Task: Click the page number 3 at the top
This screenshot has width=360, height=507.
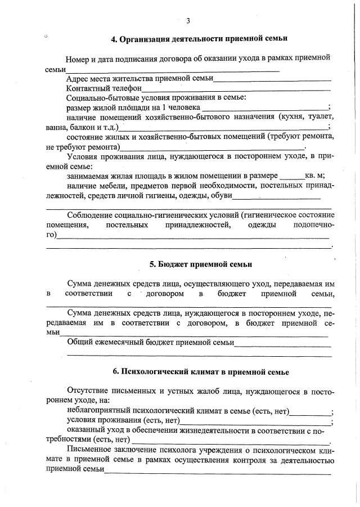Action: (188, 21)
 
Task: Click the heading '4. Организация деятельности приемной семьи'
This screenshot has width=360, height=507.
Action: (199, 39)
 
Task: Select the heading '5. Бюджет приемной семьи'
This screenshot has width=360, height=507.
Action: (200, 264)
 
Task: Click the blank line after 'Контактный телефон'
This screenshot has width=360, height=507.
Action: (236, 89)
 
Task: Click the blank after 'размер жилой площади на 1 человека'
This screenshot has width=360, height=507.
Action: (264, 108)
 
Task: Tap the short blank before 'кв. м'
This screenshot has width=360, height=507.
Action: (292, 176)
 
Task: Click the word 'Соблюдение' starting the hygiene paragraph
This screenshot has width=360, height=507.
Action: (89, 216)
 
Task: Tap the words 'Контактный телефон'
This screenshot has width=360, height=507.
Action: (103, 88)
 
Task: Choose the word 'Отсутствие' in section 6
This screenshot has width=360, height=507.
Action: (88, 391)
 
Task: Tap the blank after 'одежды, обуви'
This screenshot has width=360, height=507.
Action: (276, 196)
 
